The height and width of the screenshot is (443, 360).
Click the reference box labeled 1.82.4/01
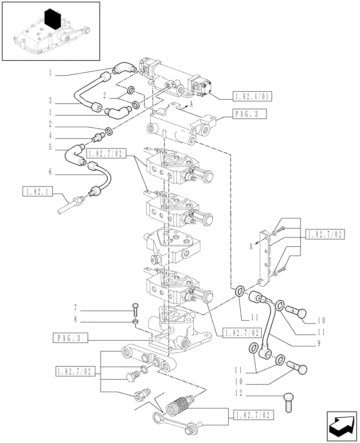coord(253,96)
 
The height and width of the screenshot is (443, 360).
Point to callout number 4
coord(51,136)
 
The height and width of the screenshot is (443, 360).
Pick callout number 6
coord(51,171)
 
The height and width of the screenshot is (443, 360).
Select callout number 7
coord(76,307)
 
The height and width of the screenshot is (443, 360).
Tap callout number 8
coord(76,319)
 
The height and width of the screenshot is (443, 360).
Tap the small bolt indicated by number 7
coord(135,308)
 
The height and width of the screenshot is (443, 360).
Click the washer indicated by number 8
coord(135,320)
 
